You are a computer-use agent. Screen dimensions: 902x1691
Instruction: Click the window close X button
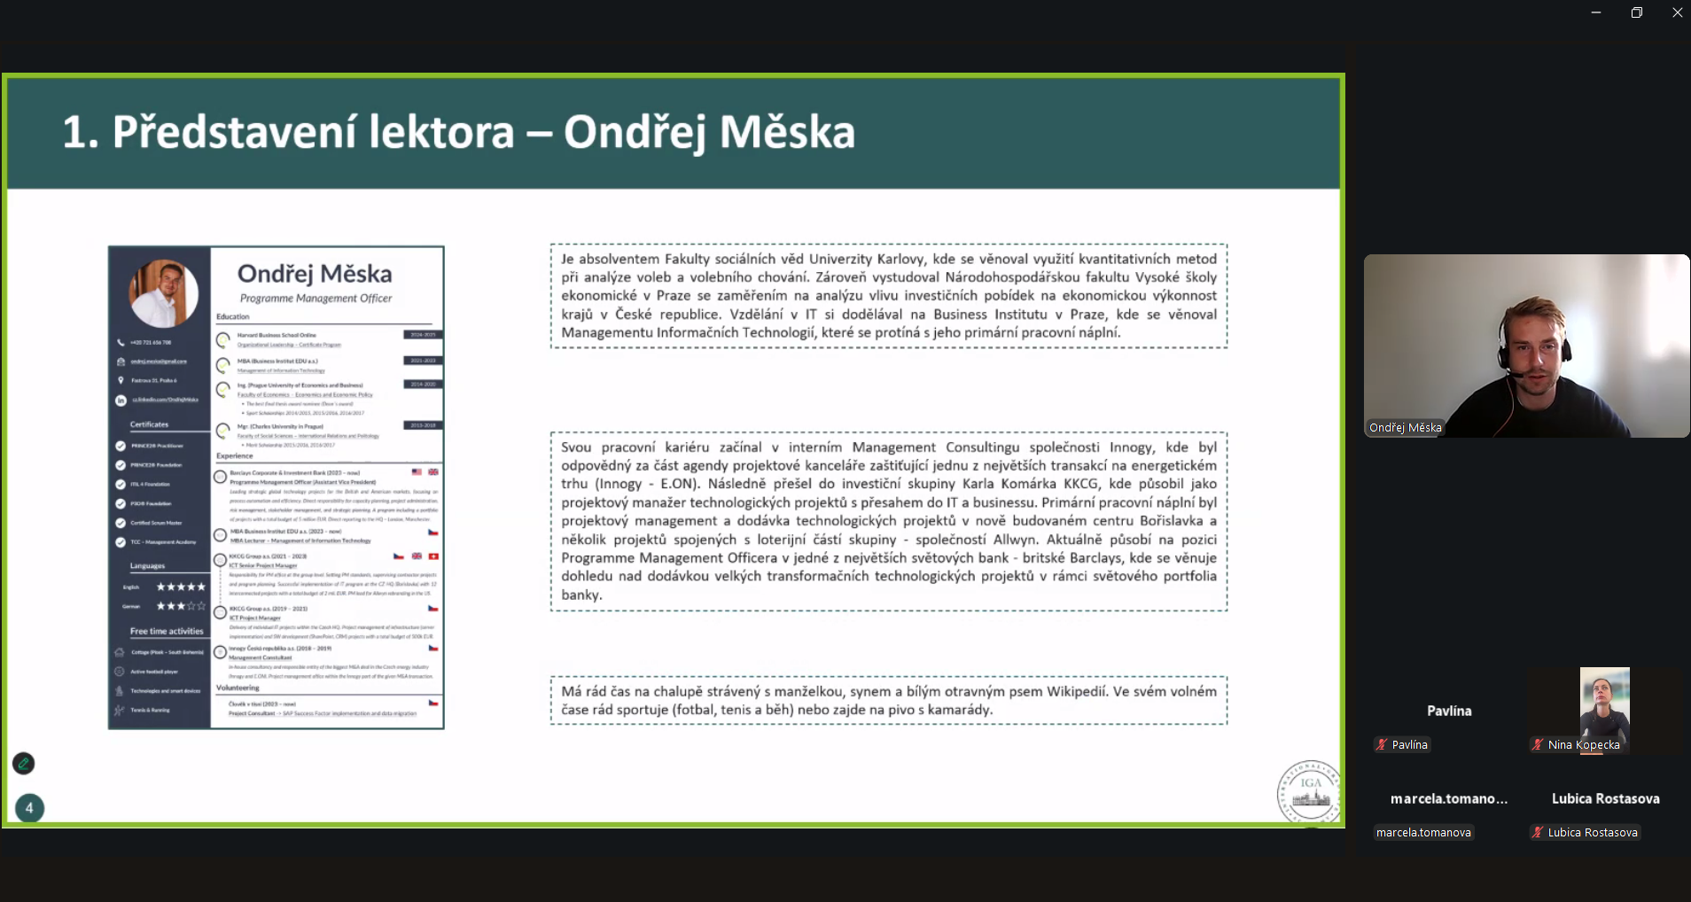click(x=1677, y=12)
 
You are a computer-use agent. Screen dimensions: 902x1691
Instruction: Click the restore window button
click(x=1636, y=12)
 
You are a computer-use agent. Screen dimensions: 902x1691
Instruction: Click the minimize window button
click(x=1595, y=12)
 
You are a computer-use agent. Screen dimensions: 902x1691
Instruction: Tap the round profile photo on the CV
click(x=163, y=293)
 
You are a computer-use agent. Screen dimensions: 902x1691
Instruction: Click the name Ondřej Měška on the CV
click(x=315, y=274)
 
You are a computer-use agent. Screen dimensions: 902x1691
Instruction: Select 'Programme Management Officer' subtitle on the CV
click(x=316, y=299)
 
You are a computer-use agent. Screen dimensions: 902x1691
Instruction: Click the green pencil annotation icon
click(x=24, y=763)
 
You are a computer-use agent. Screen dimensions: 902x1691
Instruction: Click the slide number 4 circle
click(x=29, y=807)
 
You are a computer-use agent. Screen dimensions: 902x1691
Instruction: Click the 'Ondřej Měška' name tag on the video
click(x=1405, y=427)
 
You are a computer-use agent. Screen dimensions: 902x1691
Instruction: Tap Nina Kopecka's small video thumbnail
click(x=1604, y=704)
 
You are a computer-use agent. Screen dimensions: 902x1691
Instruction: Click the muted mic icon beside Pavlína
click(x=1381, y=744)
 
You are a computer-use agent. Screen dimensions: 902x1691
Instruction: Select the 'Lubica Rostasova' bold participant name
click(x=1605, y=798)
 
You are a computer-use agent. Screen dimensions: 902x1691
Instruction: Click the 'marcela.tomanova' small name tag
click(x=1423, y=832)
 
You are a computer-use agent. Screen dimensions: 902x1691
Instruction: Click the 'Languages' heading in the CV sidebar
click(x=147, y=565)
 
